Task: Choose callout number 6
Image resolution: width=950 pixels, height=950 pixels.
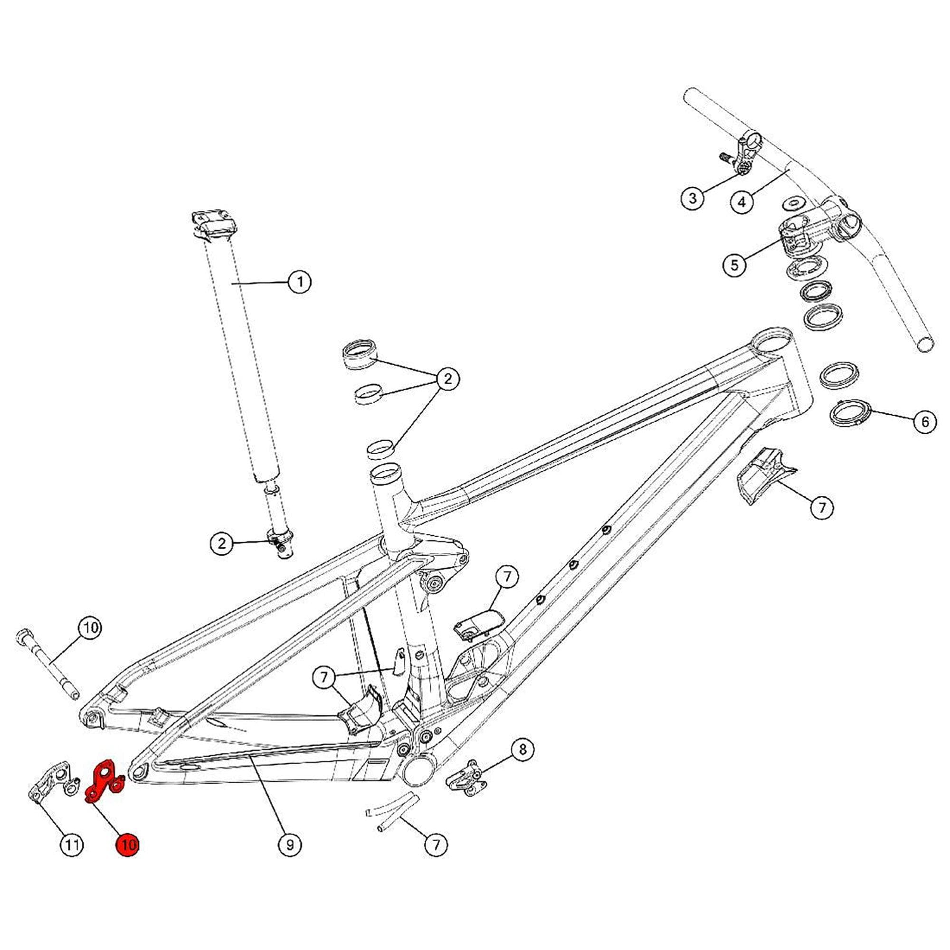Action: pos(925,421)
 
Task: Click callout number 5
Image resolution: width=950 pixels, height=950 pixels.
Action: pos(734,265)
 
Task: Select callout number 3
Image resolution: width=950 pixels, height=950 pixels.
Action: pos(693,198)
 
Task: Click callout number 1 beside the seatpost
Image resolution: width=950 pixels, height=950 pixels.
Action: pos(299,282)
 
